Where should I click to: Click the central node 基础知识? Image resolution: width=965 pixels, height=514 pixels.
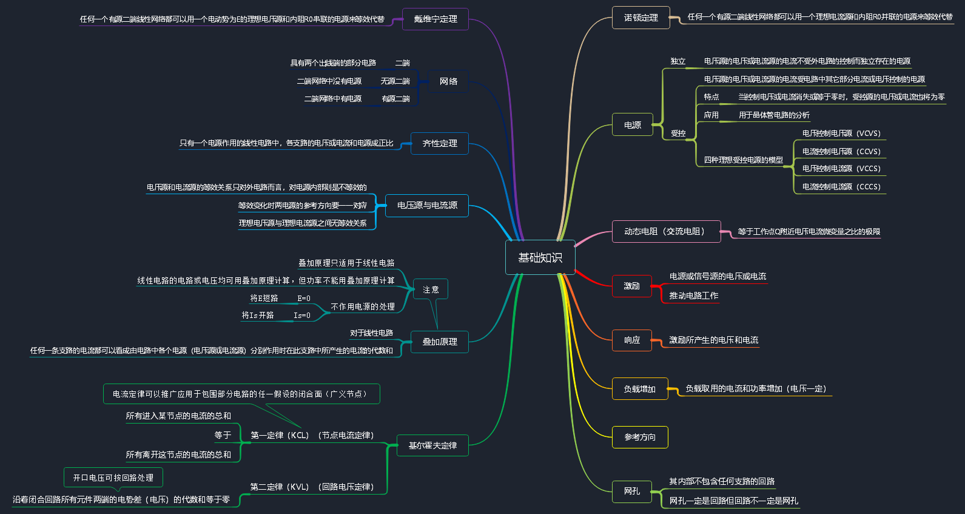tap(540, 257)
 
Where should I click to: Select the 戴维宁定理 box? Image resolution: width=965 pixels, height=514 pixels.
tap(435, 19)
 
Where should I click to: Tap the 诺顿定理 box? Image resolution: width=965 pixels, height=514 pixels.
tap(641, 18)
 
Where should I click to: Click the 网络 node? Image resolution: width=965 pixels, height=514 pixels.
tap(448, 81)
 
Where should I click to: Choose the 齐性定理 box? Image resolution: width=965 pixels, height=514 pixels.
tap(440, 143)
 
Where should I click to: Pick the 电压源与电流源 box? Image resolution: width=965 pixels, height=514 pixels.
tap(427, 205)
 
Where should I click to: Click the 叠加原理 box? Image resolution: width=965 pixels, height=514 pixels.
tap(440, 342)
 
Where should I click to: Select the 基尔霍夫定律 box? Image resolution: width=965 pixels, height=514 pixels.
tap(432, 445)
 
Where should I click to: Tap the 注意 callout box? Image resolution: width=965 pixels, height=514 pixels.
tap(431, 289)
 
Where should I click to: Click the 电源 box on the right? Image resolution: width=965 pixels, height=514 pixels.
tap(632, 124)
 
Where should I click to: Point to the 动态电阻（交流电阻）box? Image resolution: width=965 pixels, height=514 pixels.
tap(666, 231)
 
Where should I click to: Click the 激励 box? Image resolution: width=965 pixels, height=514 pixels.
tap(631, 286)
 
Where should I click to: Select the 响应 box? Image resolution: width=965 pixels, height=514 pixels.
tap(631, 340)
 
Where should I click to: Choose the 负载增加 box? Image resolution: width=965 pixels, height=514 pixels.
tap(639, 388)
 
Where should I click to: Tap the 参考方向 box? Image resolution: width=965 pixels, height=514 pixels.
tap(639, 437)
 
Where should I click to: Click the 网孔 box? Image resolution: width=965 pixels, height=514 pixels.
tap(631, 491)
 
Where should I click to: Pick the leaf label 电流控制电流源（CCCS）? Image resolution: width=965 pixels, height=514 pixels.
tap(841, 187)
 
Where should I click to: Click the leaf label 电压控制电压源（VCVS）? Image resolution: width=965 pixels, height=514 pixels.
tap(841, 134)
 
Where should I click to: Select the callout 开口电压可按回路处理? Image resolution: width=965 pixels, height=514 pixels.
tap(113, 478)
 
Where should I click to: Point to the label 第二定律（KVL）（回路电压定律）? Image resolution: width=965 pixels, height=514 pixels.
tap(312, 487)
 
